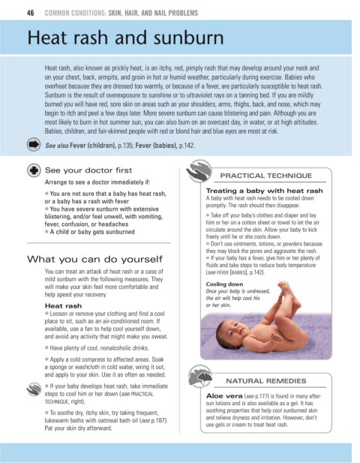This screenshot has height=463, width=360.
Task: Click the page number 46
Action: point(31,13)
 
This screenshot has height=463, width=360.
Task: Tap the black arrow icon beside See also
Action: point(34,144)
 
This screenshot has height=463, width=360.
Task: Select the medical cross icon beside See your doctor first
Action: point(34,170)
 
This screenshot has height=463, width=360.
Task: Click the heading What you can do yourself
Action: point(94,259)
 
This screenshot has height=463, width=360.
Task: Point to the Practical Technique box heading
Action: point(265,176)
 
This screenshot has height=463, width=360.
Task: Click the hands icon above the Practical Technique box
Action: point(199,170)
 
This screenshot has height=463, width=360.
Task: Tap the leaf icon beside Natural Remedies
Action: point(200,376)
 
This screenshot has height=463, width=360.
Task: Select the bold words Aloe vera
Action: point(224,395)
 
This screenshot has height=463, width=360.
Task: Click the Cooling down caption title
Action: point(224,284)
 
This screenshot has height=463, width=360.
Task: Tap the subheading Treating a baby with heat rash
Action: point(265,191)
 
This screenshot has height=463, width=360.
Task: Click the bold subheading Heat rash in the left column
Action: point(63,306)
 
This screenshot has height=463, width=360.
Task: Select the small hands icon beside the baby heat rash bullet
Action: point(34,389)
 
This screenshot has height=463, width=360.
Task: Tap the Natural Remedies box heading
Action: point(265,381)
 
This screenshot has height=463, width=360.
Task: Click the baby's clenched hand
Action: point(277,338)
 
